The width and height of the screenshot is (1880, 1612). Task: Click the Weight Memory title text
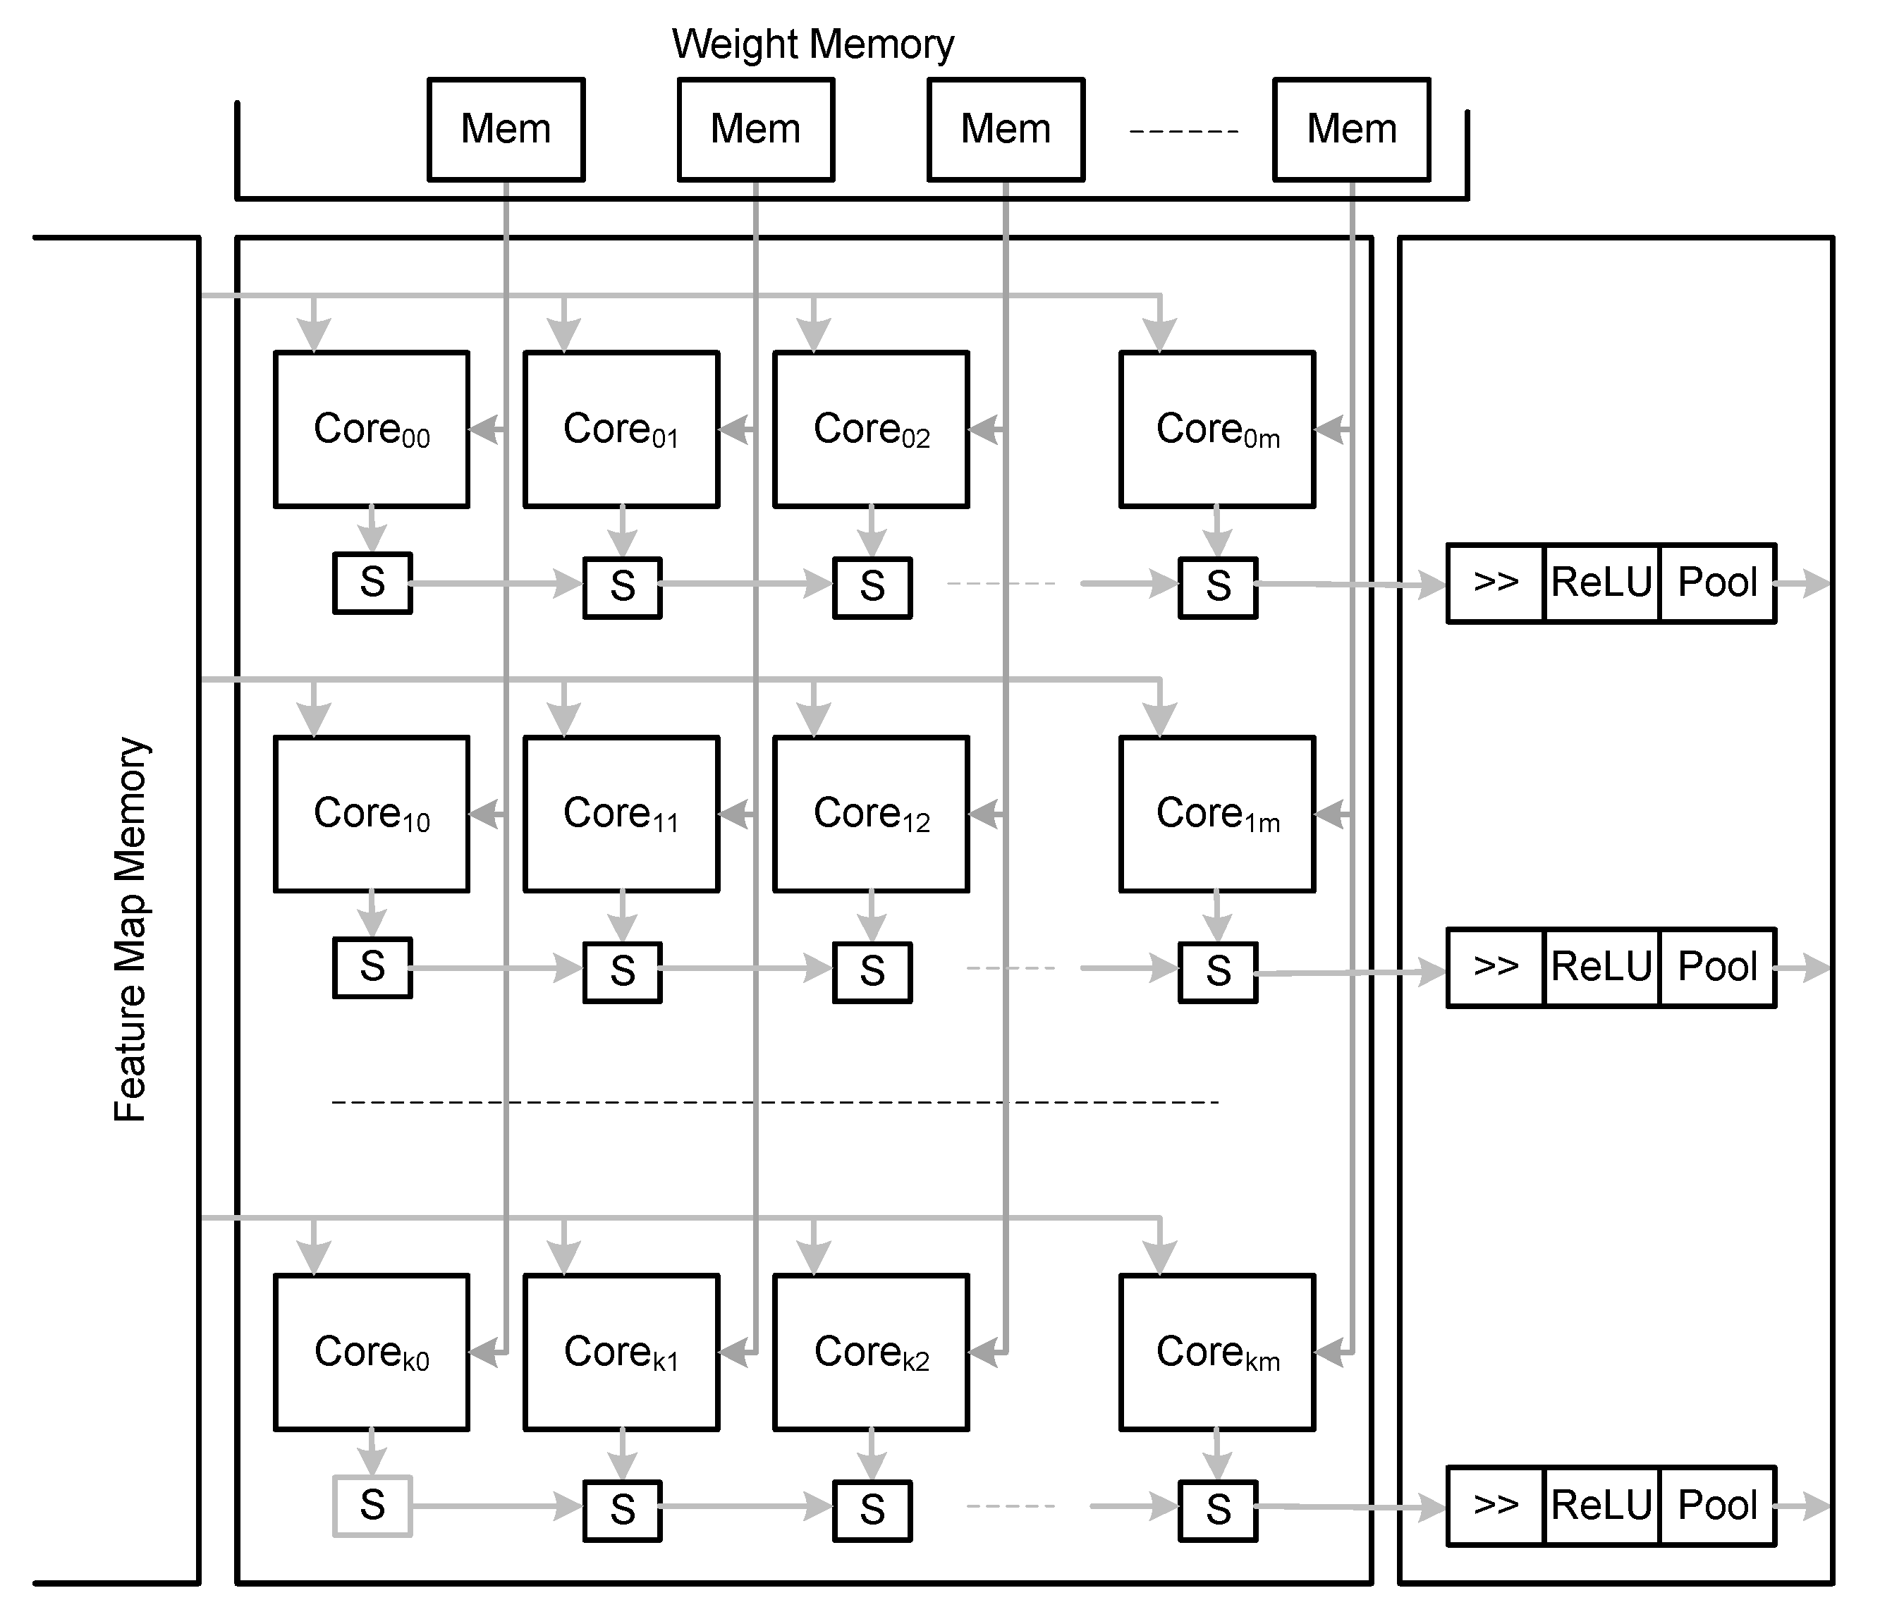point(812,44)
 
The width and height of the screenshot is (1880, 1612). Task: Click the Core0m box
point(1216,429)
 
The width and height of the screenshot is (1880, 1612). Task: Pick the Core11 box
point(621,814)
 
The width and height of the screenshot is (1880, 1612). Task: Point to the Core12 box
point(871,814)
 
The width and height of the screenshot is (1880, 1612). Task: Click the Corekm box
point(1216,1353)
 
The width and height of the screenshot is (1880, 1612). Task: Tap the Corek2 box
point(871,1353)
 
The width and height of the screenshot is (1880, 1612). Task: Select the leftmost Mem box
point(506,129)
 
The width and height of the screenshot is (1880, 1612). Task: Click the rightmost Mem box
point(1351,129)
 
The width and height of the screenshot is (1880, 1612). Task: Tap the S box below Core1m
point(1218,972)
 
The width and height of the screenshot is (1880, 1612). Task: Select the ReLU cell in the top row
point(1601,583)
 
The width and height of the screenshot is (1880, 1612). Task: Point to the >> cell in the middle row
point(1495,967)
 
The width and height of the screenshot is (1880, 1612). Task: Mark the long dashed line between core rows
point(775,1102)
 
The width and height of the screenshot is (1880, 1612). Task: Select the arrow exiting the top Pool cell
point(1804,583)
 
